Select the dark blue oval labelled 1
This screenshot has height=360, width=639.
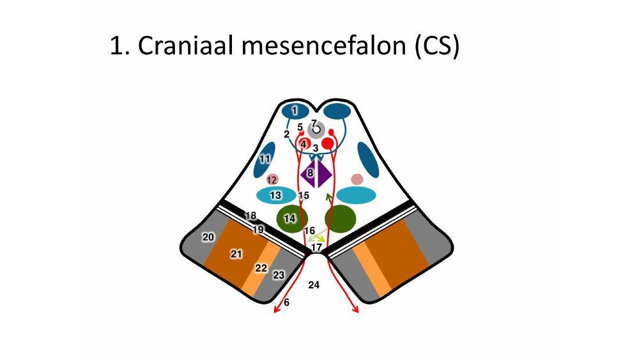click(x=295, y=111)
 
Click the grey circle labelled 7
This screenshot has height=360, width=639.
click(x=315, y=130)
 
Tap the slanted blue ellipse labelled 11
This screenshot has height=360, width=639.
click(x=264, y=160)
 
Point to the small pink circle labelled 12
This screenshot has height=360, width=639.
click(x=272, y=180)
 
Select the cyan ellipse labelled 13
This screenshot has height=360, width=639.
click(x=276, y=195)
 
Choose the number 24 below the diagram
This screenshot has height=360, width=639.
click(x=314, y=285)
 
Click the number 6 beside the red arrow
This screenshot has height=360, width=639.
click(x=286, y=302)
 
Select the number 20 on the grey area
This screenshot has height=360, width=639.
click(x=208, y=237)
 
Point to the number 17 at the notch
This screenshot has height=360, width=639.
click(x=316, y=247)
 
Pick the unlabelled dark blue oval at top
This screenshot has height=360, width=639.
click(x=337, y=111)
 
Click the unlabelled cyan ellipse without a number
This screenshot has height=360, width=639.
click(x=355, y=195)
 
